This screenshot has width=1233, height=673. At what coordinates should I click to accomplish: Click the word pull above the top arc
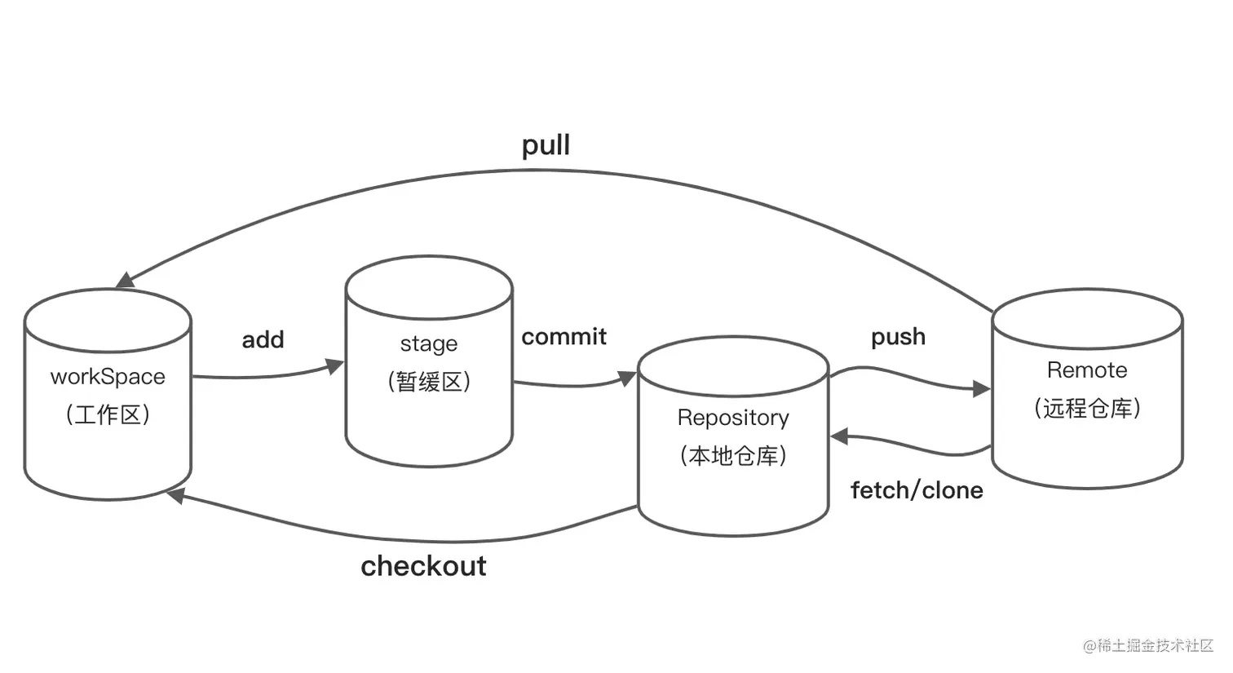pyautogui.click(x=546, y=146)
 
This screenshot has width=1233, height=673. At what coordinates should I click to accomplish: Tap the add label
pyautogui.click(x=263, y=339)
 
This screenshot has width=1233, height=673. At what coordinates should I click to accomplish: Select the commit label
pyautogui.click(x=563, y=336)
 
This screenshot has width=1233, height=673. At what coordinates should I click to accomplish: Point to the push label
pyautogui.click(x=898, y=336)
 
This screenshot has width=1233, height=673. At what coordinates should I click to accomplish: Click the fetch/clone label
pyautogui.click(x=917, y=490)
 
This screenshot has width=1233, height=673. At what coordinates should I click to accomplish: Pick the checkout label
pyautogui.click(x=423, y=566)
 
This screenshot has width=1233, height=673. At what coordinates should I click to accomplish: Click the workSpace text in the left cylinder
pyautogui.click(x=108, y=377)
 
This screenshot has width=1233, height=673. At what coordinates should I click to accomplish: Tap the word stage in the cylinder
pyautogui.click(x=429, y=343)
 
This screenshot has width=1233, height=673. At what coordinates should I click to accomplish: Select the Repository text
pyautogui.click(x=733, y=418)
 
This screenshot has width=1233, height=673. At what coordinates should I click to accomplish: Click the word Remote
pyautogui.click(x=1087, y=370)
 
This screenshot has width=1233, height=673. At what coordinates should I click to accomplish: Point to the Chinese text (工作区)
pyautogui.click(x=108, y=414)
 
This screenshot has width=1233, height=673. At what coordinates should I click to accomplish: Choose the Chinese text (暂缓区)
pyautogui.click(x=429, y=381)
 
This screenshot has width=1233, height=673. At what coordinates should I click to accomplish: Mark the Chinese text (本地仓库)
pyautogui.click(x=733, y=455)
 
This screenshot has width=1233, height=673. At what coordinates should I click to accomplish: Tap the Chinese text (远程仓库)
pyautogui.click(x=1087, y=408)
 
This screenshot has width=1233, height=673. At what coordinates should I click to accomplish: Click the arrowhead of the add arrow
pyautogui.click(x=335, y=365)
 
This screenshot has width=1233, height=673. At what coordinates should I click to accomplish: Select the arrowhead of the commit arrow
pyautogui.click(x=627, y=378)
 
